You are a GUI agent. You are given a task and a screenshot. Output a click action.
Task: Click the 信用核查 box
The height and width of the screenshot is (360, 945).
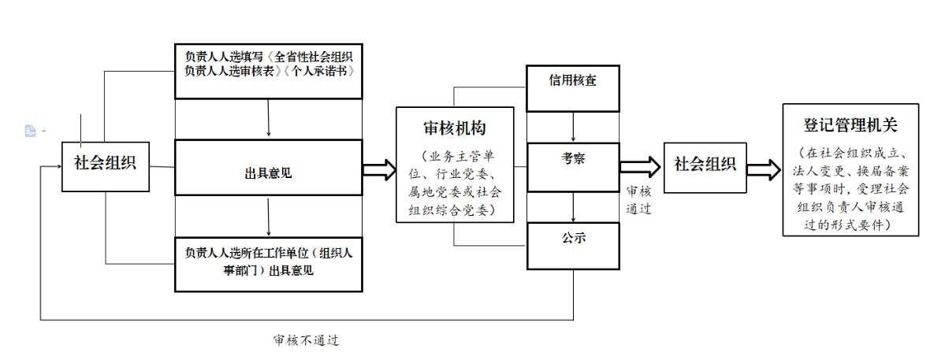pyautogui.click(x=572, y=88)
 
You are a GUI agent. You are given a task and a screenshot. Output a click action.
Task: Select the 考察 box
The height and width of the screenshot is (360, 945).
pyautogui.click(x=572, y=167)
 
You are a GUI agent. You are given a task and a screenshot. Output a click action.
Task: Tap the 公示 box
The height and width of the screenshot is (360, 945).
pyautogui.click(x=572, y=246)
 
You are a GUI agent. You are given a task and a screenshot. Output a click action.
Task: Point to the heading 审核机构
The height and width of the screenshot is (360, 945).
pyautogui.click(x=455, y=128)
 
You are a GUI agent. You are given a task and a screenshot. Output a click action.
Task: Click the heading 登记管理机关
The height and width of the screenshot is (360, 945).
pyautogui.click(x=850, y=125)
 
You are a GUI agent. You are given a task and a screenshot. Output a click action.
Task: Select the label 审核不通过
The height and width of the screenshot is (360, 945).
pyautogui.click(x=306, y=341)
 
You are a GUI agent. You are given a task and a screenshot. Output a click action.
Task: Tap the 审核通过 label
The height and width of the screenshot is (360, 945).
pyautogui.click(x=639, y=200)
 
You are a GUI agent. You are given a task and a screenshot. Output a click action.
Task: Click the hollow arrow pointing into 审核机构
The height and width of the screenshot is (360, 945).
pyautogui.click(x=380, y=169)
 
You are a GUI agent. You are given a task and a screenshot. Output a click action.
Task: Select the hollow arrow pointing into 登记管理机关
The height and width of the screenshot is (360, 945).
pyautogui.click(x=765, y=169)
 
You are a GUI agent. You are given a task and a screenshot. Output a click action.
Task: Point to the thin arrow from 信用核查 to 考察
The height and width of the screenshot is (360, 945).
pyautogui.click(x=572, y=127)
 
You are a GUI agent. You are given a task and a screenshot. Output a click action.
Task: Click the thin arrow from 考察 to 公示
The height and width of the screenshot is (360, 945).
pyautogui.click(x=572, y=206)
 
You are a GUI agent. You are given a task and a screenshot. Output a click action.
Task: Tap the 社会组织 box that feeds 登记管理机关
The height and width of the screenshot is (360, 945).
pyautogui.click(x=705, y=167)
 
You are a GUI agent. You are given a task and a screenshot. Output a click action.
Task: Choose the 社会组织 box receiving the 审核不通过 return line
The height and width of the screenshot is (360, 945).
pyautogui.click(x=106, y=167)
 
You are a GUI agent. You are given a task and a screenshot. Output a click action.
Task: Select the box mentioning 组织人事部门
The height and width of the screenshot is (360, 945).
pyautogui.click(x=268, y=264)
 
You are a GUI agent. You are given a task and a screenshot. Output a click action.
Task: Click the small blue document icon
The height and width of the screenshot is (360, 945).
pyautogui.click(x=30, y=131)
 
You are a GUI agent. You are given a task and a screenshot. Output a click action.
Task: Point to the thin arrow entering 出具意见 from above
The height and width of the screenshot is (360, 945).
pyautogui.click(x=268, y=119)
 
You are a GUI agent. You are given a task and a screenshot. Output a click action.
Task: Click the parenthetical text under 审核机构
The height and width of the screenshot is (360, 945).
pyautogui.click(x=455, y=183)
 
